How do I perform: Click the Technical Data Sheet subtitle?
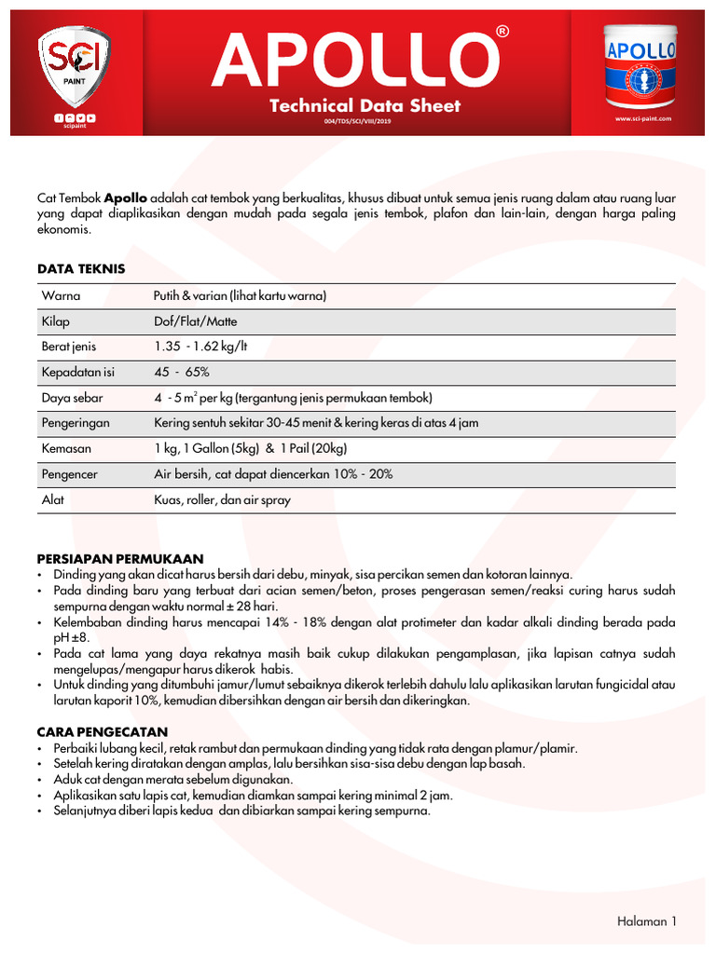pyautogui.click(x=365, y=106)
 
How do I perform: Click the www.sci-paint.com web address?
pyautogui.click(x=643, y=119)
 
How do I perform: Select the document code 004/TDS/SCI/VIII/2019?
pyautogui.click(x=365, y=122)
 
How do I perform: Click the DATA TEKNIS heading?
pyautogui.click(x=80, y=268)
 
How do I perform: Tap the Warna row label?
pyautogui.click(x=61, y=296)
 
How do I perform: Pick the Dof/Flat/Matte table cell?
pyautogui.click(x=195, y=321)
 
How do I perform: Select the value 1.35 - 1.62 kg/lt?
pyautogui.click(x=200, y=347)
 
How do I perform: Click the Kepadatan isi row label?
pyautogui.click(x=77, y=373)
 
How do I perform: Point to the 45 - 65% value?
pyautogui.click(x=182, y=373)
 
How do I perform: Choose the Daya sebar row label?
pyautogui.click(x=72, y=398)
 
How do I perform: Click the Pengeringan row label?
pyautogui.click(x=76, y=423)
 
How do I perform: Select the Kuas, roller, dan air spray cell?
pyautogui.click(x=222, y=499)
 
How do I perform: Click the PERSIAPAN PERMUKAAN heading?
pyautogui.click(x=119, y=558)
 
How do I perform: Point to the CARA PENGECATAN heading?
pyautogui.click(x=103, y=732)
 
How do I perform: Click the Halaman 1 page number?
pyautogui.click(x=646, y=921)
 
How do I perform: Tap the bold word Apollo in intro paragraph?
pyautogui.click(x=125, y=198)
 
